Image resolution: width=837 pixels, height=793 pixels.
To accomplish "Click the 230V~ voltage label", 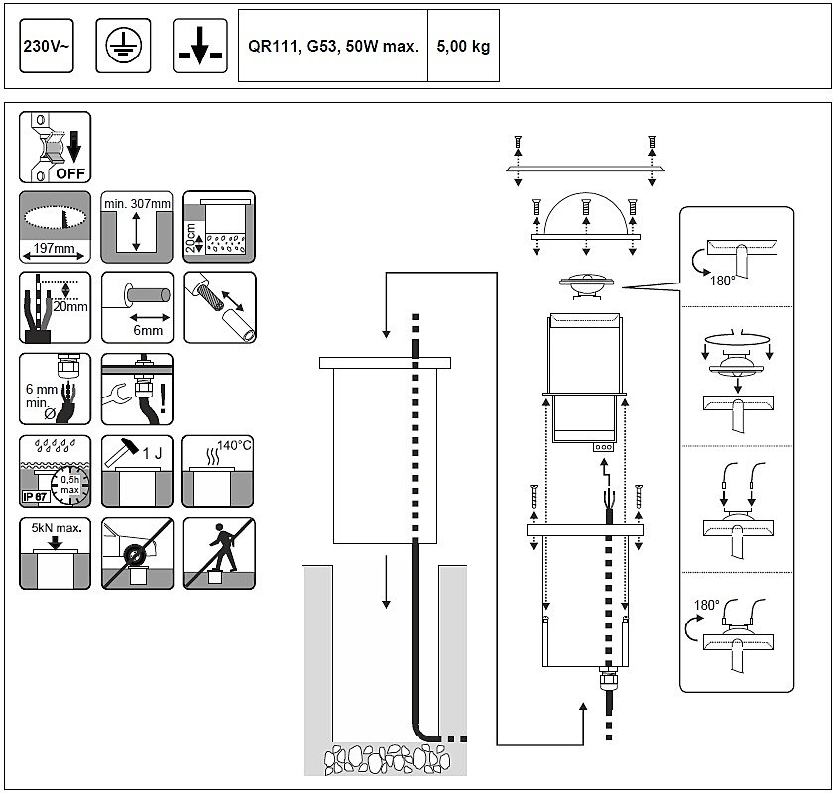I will tap(46, 47).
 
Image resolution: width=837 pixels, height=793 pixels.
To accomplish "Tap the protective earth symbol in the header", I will tap(124, 47).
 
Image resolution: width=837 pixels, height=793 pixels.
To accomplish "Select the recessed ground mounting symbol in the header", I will tap(199, 47).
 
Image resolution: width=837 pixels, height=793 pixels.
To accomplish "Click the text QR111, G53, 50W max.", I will tap(333, 47).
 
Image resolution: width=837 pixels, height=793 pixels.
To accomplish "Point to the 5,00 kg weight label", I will tap(463, 47).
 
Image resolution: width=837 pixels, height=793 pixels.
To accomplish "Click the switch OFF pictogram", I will tap(55, 148).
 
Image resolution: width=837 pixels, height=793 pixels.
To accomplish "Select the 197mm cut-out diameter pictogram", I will tap(55, 227).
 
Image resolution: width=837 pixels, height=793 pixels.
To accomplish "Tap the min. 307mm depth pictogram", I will tap(137, 227).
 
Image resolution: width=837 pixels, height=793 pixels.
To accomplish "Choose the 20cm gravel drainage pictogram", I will tap(219, 227).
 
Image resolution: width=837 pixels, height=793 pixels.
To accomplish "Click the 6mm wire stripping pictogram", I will tap(137, 306).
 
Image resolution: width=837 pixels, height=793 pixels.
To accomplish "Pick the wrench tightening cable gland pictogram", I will tap(137, 389).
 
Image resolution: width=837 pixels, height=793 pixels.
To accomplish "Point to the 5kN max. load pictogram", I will tap(55, 552).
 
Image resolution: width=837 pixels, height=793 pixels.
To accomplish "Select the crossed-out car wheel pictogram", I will tap(137, 552).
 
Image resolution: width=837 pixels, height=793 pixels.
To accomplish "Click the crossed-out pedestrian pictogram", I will tap(219, 552).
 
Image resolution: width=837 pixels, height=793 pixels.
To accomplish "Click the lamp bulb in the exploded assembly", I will tap(588, 283).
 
